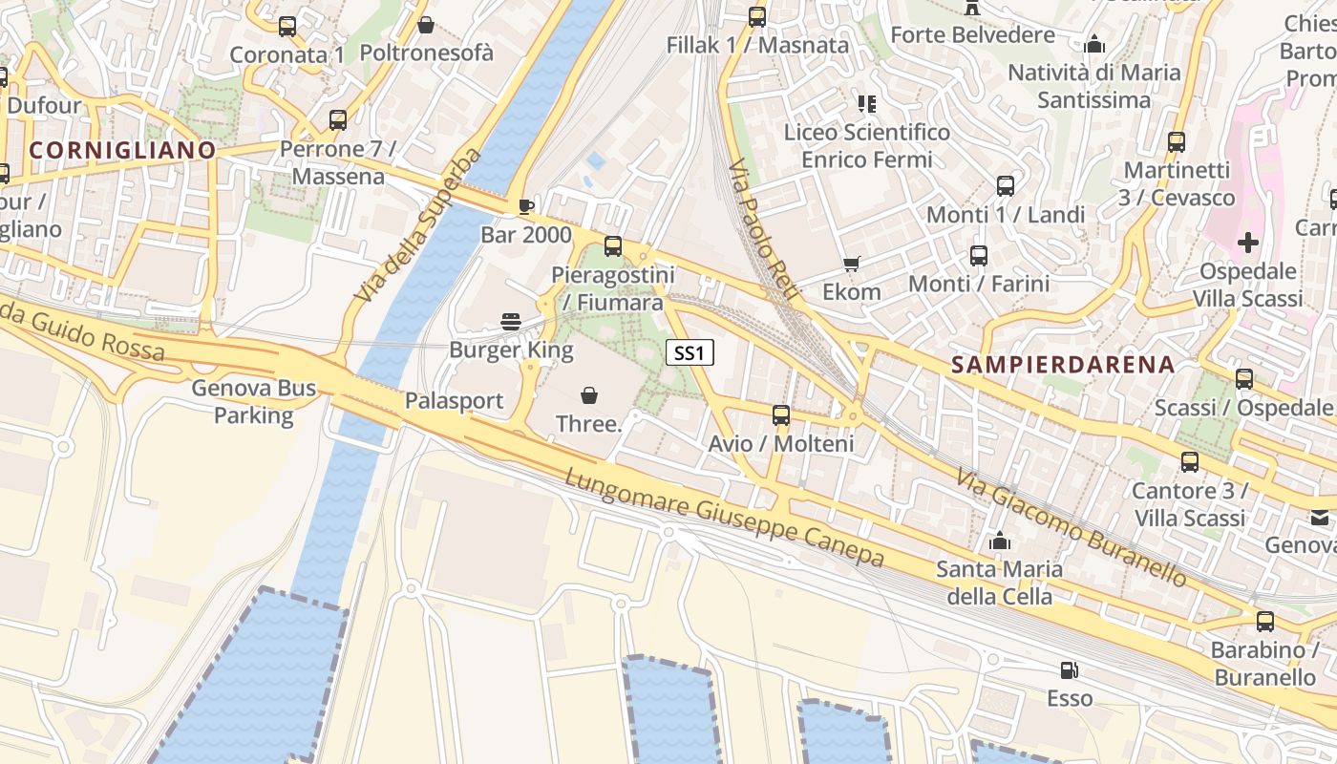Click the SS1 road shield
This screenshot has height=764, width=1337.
point(689,353)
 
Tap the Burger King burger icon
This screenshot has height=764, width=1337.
point(511,321)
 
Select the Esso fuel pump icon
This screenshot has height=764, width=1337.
point(1070,670)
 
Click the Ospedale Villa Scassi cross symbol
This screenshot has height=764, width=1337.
point(1247,243)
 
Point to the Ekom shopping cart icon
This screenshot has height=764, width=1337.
point(851,264)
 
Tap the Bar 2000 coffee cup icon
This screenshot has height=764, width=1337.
point(525,205)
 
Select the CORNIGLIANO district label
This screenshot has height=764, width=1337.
point(122,150)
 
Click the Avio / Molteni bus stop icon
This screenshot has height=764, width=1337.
point(781,415)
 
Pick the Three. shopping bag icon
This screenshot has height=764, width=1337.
point(589,394)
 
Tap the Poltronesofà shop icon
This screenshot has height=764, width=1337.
point(426,24)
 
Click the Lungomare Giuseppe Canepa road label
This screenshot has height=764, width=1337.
point(725,519)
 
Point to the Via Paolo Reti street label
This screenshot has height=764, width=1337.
point(761,230)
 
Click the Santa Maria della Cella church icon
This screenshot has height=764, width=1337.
point(1000,541)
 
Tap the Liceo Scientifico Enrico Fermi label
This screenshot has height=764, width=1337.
point(867,145)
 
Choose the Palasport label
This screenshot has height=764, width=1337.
point(454,400)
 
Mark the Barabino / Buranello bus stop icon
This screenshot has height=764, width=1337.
point(1265,622)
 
